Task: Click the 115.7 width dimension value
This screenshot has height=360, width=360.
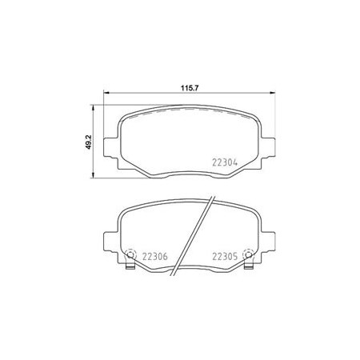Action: click(190, 88)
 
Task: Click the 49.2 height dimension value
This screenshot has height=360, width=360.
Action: click(89, 142)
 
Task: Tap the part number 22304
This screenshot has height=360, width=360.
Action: click(225, 162)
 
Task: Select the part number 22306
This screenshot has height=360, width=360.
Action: click(155, 257)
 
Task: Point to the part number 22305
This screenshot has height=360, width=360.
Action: click(225, 257)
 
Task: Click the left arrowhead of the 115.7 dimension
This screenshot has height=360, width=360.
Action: click(106, 93)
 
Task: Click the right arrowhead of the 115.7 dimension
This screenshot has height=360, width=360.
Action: click(272, 93)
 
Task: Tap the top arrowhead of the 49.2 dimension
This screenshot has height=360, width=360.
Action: click(93, 108)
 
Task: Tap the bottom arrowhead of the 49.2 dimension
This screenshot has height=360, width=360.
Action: click(93, 174)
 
